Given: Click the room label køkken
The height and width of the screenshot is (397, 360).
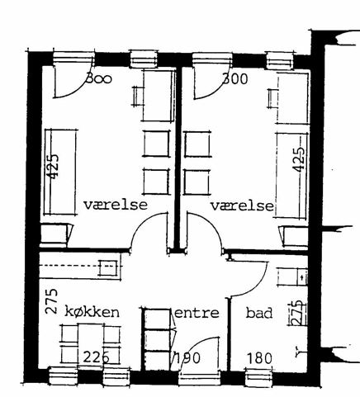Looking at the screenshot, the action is pyautogui.click(x=92, y=312).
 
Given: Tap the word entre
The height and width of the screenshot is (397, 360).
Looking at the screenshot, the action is pyautogui.click(x=197, y=313).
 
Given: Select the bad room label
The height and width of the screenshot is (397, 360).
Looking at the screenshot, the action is pyautogui.click(x=259, y=313).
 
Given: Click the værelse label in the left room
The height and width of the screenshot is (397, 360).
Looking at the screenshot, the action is pyautogui.click(x=116, y=205).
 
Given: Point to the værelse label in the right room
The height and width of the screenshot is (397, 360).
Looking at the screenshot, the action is pyautogui.click(x=243, y=206).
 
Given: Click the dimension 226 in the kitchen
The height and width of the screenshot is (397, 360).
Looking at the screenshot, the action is pyautogui.click(x=97, y=357).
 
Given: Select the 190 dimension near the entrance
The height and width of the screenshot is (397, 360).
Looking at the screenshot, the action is pyautogui.click(x=187, y=357).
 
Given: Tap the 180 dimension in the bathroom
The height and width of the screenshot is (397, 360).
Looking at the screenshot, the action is pyautogui.click(x=259, y=358).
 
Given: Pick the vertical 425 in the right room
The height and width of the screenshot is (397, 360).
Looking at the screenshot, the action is pyautogui.click(x=298, y=160).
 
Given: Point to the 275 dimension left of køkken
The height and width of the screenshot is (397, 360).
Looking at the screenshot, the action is pyautogui.click(x=51, y=301).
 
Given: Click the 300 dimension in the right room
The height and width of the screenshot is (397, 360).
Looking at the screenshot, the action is pyautogui.click(x=235, y=79).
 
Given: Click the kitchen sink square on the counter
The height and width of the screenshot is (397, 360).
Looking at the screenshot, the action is pyautogui.click(x=108, y=267).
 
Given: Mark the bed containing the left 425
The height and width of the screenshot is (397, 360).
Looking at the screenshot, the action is pyautogui.click(x=61, y=172).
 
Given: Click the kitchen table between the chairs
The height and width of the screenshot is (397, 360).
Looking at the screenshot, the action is pyautogui.click(x=91, y=344).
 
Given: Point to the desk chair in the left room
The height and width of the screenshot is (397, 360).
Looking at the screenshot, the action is pyautogui.click(x=138, y=97).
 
